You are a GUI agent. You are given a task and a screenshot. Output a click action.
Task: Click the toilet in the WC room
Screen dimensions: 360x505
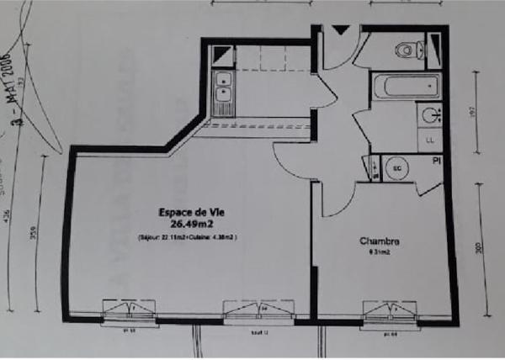coord(407,50)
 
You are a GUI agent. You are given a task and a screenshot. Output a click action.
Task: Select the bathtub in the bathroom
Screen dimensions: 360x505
coord(407,87)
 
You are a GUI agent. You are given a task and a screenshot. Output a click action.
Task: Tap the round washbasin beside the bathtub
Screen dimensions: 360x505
coord(431,115)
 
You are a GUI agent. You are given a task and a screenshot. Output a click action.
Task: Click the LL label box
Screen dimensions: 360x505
coord(431,140)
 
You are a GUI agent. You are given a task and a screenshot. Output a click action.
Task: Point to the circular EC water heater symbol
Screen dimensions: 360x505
coord(396,167)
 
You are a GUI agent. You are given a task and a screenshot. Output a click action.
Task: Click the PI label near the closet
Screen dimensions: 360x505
coord(436,160)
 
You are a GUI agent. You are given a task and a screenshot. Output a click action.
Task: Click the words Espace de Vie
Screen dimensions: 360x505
coord(189,213)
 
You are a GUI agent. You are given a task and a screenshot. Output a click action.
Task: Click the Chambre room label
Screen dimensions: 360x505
coord(380,241)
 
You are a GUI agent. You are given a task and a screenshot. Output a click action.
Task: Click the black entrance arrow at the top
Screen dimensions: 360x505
coord(341,30)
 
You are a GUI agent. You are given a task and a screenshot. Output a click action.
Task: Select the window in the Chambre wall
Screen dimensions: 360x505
coord(389,312)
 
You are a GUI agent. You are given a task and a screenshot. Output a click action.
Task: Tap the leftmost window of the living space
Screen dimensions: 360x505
coord(129,312)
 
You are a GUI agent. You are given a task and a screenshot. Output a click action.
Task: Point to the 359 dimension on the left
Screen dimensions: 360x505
coord(34,234)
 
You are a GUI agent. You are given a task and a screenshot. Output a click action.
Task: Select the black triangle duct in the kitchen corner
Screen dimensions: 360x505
coord(221,56)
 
